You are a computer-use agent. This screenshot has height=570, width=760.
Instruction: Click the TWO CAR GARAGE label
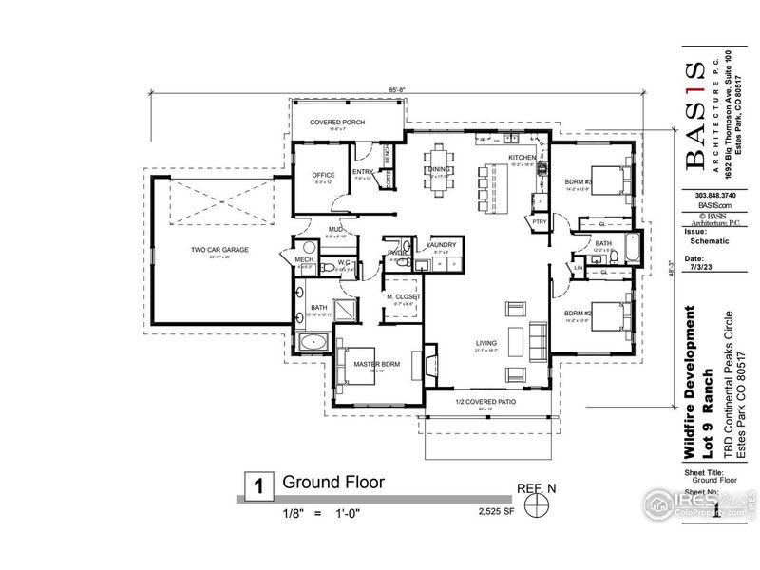click(x=219, y=249)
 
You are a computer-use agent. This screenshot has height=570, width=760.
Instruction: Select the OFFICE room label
click(x=324, y=175)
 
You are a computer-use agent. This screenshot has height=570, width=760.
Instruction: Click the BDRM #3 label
click(x=579, y=181)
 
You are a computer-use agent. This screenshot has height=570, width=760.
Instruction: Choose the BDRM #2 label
click(x=579, y=313)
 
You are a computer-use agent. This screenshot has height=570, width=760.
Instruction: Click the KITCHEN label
click(x=522, y=157)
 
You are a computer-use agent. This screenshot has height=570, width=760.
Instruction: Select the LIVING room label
click(x=487, y=343)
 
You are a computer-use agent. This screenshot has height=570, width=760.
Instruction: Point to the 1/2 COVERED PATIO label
click(x=484, y=402)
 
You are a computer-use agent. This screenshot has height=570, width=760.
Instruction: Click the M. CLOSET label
click(x=402, y=297)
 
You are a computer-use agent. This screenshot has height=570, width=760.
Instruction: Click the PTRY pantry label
click(x=539, y=222)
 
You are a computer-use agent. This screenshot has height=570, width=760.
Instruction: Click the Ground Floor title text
click(x=333, y=483)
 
